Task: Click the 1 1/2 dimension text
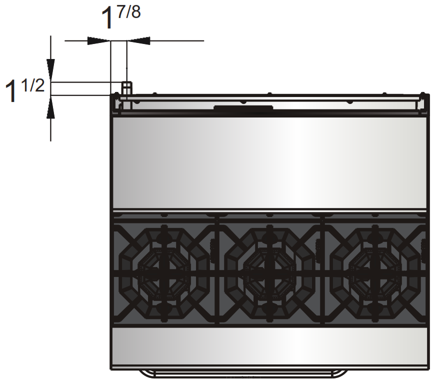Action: (x=24, y=90)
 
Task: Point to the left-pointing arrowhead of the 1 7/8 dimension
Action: (x=138, y=41)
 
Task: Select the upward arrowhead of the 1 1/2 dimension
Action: (x=50, y=107)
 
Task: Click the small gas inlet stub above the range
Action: (x=127, y=88)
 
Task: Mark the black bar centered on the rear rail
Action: (x=243, y=107)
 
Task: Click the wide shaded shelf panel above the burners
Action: (x=269, y=162)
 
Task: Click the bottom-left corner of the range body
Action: (x=111, y=369)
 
